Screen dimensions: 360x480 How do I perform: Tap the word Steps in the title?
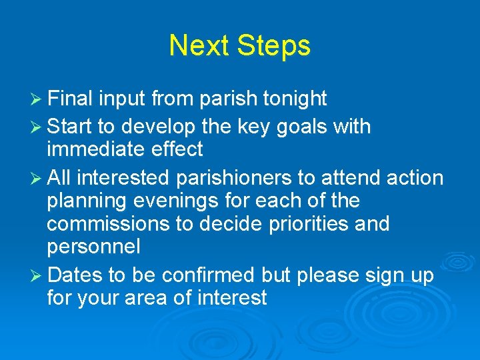(275, 46)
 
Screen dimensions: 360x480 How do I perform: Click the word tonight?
(295, 99)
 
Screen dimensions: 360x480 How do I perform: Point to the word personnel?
(93, 247)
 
